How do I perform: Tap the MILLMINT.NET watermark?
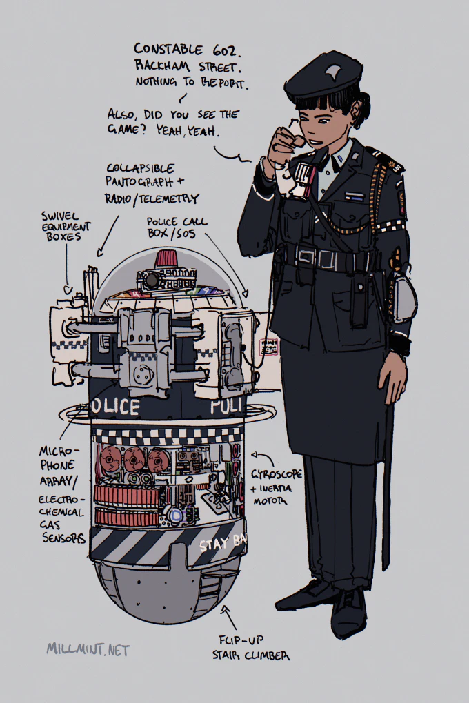pyautogui.click(x=88, y=650)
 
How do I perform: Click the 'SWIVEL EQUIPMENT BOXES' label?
pyautogui.click(x=66, y=227)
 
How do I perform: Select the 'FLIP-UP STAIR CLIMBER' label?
pyautogui.click(x=250, y=648)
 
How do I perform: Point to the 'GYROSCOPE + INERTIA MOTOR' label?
pyautogui.click(x=276, y=487)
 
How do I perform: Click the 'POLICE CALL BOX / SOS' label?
pyautogui.click(x=177, y=227)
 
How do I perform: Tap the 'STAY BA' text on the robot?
pyautogui.click(x=223, y=544)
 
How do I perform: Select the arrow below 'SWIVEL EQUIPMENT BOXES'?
pyautogui.click(x=67, y=269)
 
